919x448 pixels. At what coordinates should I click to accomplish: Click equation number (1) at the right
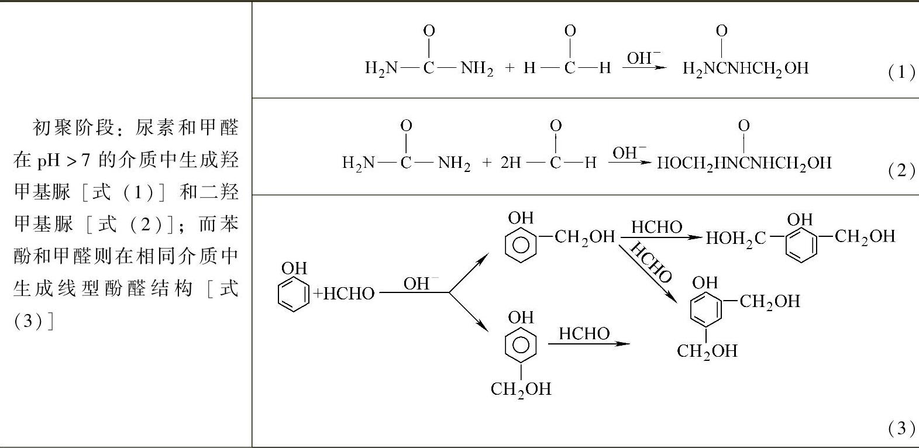901,73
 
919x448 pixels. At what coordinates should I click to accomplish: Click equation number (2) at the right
901,170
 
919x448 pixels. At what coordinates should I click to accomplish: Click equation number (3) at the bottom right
901,429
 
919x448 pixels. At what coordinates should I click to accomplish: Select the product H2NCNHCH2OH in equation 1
745,69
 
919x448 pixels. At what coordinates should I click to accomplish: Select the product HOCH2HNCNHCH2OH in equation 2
744,163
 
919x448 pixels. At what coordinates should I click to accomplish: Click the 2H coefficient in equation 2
510,163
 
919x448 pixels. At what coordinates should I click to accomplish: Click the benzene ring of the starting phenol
293,293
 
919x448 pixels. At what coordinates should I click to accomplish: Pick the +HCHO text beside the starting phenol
345,294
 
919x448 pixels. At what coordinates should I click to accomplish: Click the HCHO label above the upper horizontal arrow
656,227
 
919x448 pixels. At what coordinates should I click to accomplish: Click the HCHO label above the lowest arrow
584,333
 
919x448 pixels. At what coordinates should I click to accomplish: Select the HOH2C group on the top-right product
735,239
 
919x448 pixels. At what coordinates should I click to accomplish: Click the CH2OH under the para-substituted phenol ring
521,389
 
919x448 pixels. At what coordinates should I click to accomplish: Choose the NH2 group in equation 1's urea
477,69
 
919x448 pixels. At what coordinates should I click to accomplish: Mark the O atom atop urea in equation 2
406,126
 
